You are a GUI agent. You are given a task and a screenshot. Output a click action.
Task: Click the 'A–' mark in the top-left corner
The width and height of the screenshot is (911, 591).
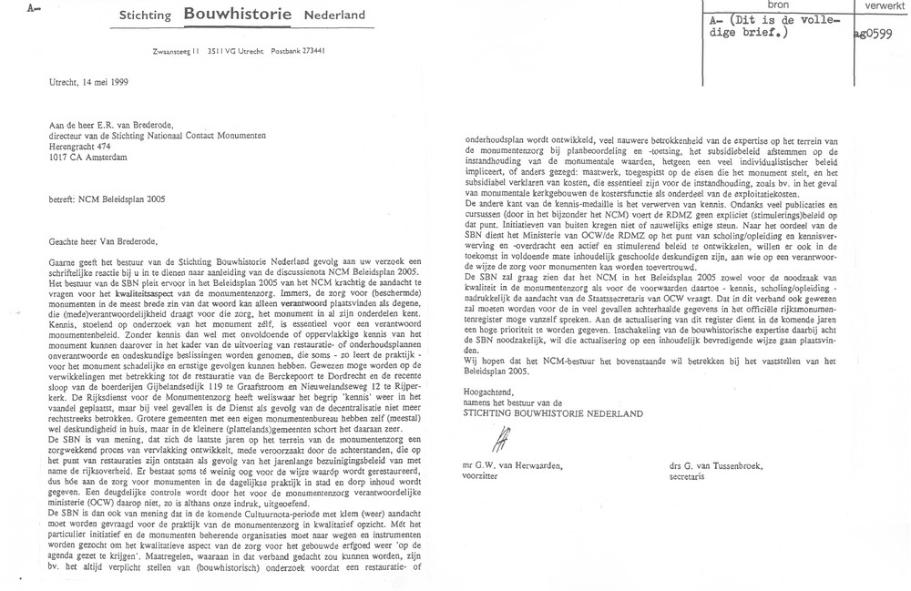pos(10,7)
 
